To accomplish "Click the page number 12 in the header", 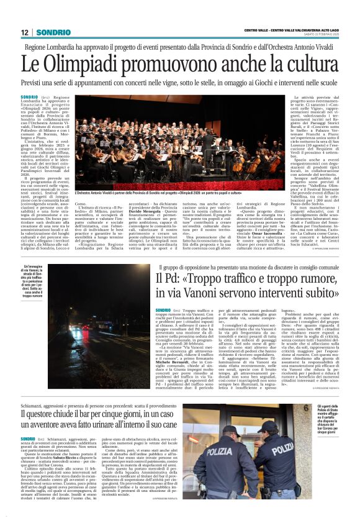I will tap(24, 32).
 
